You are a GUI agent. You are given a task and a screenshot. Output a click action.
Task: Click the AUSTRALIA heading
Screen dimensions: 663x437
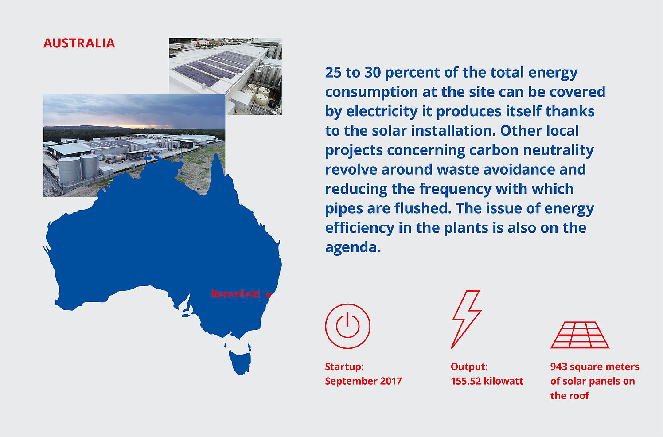pos(79,43)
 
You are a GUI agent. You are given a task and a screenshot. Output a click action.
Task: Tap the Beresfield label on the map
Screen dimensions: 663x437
pos(236,294)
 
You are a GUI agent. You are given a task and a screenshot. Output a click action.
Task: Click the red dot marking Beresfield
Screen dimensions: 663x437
pos(269,295)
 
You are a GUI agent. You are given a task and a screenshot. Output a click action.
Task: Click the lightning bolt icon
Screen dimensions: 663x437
pos(466,320)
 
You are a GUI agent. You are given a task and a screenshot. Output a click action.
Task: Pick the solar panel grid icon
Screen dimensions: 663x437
pos(580,335)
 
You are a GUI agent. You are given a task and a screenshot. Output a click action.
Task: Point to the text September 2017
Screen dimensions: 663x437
pos(363,381)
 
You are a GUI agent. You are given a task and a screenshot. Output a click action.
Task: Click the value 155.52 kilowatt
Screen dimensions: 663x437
pos(487,381)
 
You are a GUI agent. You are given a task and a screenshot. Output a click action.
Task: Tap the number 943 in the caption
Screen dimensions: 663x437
pos(559,367)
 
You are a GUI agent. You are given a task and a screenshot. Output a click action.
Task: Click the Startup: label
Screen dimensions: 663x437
pos(344,367)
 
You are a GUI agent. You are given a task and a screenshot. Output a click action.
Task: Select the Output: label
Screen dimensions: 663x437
pos(469,367)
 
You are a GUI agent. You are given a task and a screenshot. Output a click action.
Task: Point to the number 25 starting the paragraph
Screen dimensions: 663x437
pos(333,73)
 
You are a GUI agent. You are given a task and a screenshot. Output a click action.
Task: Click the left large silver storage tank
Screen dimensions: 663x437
pos(70,171)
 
